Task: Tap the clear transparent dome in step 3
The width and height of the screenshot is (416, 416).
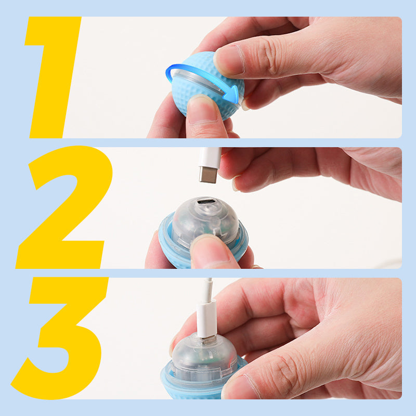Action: [x=204, y=356]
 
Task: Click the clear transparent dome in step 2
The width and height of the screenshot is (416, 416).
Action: [x=205, y=222]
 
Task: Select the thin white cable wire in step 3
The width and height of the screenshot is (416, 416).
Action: [x=209, y=289]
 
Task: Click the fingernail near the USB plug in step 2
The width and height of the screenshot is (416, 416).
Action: [x=236, y=183]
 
